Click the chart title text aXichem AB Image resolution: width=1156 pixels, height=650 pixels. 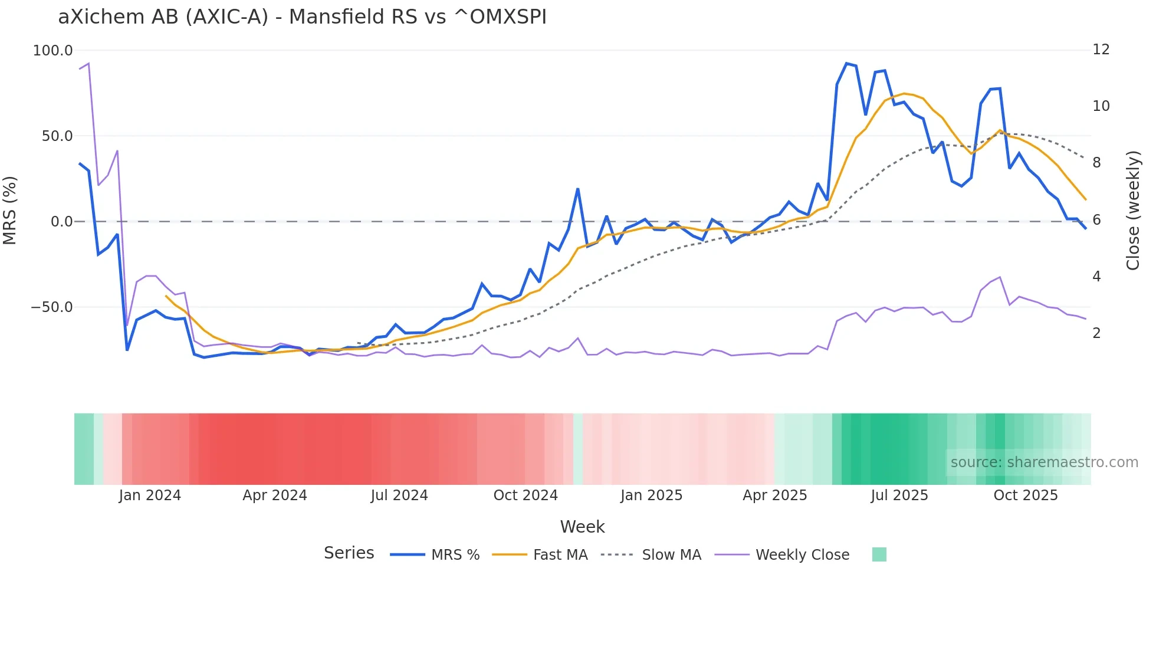302,17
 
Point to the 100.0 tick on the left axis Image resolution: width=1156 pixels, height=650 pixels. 52,51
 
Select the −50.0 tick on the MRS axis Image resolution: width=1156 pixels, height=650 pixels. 51,307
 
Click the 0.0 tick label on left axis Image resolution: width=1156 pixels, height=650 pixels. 61,222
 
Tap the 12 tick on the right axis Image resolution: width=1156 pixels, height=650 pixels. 1101,50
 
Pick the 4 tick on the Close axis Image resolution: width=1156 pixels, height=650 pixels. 1096,277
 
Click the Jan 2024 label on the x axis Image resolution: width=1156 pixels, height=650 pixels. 150,495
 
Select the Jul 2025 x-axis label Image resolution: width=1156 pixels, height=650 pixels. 899,495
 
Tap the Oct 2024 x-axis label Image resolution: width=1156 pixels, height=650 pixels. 525,495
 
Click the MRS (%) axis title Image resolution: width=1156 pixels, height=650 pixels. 10,210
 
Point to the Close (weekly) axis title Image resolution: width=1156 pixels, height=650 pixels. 1132,211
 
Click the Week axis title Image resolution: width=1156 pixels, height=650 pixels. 582,527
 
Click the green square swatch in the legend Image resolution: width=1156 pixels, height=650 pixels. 879,554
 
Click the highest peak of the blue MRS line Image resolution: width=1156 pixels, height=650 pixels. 846,63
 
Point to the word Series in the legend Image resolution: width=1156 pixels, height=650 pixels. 349,553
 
